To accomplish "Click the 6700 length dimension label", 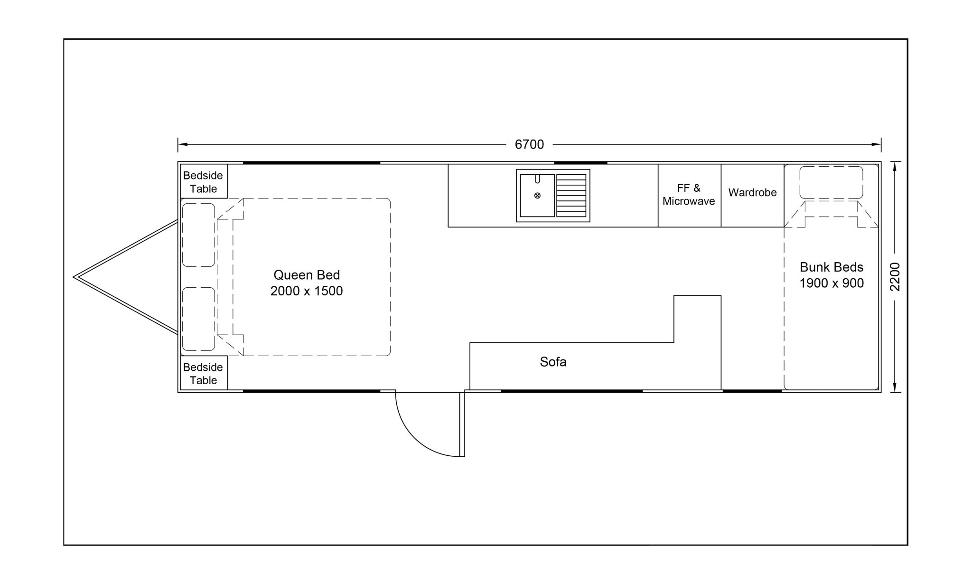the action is [x=529, y=144].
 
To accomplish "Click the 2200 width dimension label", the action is [x=895, y=277].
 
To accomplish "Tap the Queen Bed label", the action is [x=307, y=275].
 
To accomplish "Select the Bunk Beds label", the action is [x=832, y=267].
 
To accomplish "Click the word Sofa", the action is [x=553, y=362].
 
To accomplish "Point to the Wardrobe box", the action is [x=752, y=196].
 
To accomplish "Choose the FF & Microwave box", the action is [x=690, y=196].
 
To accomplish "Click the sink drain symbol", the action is [x=537, y=195].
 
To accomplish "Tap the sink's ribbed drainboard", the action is [x=571, y=195].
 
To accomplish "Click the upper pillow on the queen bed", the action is [x=198, y=235].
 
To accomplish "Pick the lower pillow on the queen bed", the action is [x=198, y=319].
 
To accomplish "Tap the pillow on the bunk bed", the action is [x=831, y=182].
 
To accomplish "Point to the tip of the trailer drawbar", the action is [x=74, y=277].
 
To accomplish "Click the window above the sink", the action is [x=580, y=163].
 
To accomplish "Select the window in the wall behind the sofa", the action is [x=572, y=391].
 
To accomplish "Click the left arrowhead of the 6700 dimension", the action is [x=182, y=144].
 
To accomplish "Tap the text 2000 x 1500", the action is [x=307, y=291].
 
